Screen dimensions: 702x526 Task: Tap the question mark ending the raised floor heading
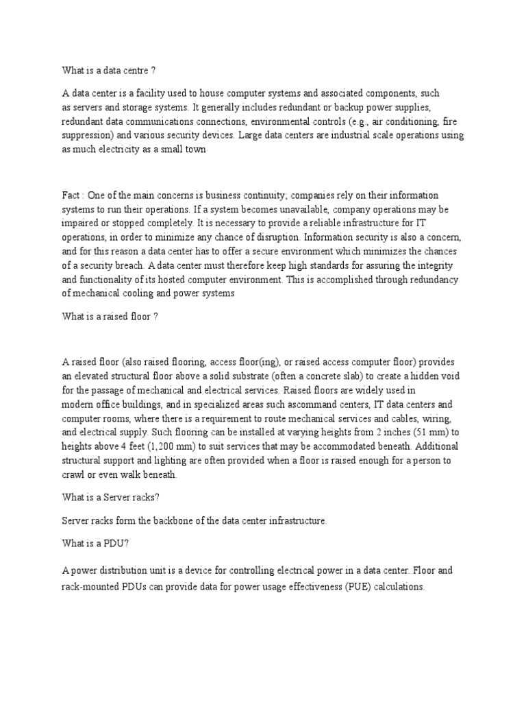pos(156,315)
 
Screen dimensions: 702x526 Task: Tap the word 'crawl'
pos(73,474)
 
